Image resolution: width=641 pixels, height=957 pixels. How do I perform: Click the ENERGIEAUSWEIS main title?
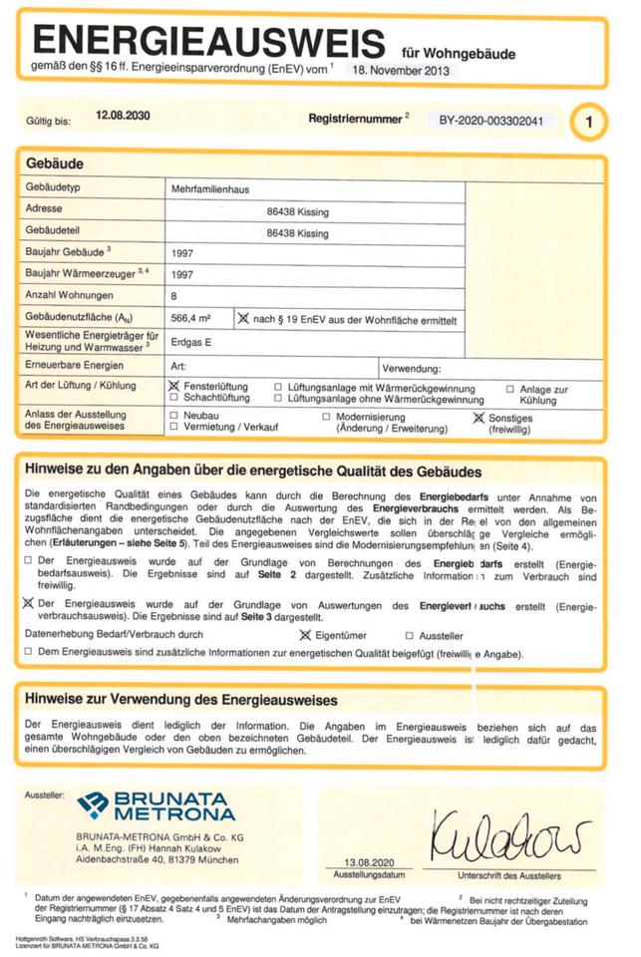209,42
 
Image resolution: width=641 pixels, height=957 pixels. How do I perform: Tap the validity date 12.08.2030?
123,117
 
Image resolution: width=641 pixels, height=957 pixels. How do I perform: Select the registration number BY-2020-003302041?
491,120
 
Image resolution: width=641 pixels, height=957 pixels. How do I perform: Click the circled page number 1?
590,123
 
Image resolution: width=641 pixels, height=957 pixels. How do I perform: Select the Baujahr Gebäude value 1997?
182,253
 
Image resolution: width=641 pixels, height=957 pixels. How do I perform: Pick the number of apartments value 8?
174,296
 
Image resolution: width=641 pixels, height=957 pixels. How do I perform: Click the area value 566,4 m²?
190,318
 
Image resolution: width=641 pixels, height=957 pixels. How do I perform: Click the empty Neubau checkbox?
174,415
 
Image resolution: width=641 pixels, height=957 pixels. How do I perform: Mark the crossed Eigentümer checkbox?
305,634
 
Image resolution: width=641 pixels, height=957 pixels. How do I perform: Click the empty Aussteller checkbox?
410,635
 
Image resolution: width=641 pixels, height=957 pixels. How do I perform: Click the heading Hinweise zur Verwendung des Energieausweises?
180,700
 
